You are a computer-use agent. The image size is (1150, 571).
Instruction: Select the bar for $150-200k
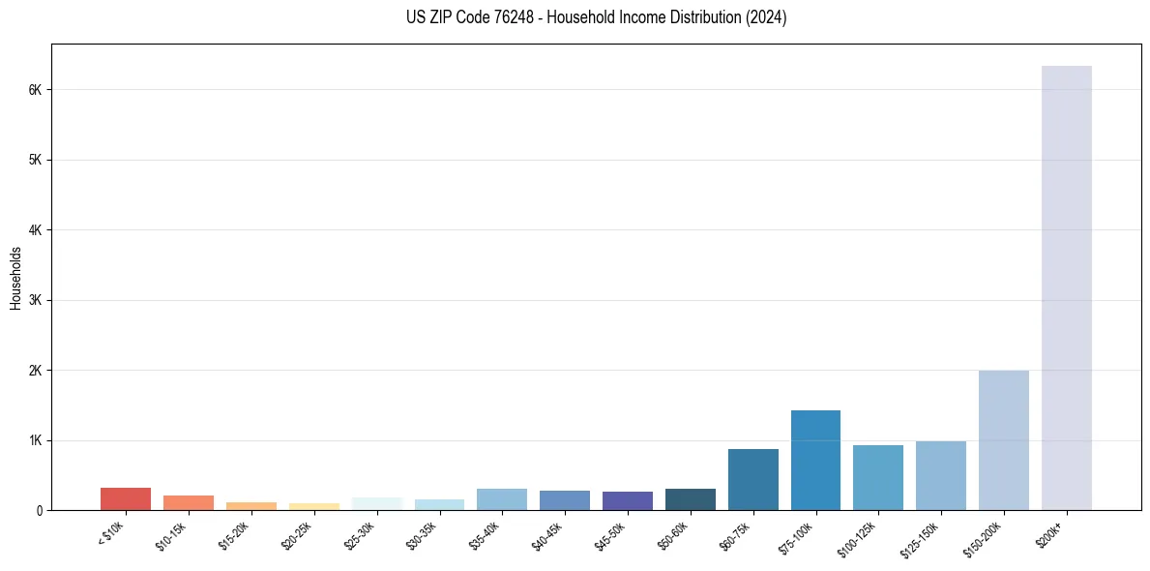point(1003,440)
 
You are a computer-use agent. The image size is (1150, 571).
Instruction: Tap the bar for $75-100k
point(815,461)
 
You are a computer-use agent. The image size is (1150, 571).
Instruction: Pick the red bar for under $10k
point(126,498)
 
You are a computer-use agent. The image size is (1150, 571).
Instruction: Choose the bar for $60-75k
point(752,480)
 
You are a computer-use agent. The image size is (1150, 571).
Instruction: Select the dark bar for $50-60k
point(690,499)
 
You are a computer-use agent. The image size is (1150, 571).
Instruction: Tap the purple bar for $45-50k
point(627,500)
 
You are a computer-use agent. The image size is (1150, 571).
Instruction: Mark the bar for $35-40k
point(502,499)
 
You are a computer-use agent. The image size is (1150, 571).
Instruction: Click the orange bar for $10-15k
point(189,502)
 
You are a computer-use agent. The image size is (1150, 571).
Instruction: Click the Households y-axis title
point(15,278)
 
